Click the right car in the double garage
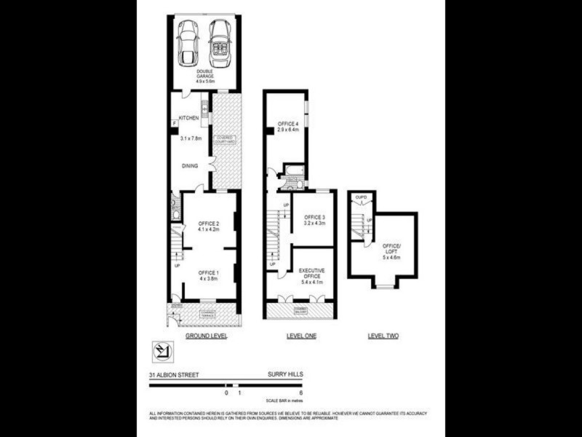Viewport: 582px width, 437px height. point(219,43)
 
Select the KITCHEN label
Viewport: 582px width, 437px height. point(189,117)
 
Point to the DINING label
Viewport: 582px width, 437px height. point(191,166)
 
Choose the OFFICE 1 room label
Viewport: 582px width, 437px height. point(209,275)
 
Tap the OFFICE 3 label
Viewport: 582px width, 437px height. point(314,221)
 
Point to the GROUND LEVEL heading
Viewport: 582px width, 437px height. point(207,336)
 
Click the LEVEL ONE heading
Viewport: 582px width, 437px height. point(300,336)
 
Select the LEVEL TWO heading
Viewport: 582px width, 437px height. point(383,336)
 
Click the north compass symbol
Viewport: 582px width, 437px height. point(162,352)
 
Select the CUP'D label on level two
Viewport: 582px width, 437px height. point(361,197)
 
